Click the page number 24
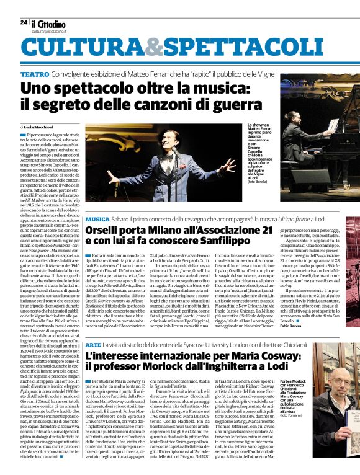coord(24,22)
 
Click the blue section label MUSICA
coord(97,220)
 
